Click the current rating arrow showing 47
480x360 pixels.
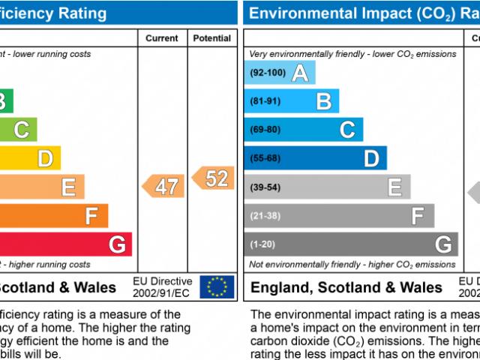163,186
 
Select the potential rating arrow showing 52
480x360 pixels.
213,178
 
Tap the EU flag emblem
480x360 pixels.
217,286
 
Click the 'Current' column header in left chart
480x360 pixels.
162,38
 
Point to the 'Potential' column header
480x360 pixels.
212,38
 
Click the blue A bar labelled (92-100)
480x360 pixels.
280,73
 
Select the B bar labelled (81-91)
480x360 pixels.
292,101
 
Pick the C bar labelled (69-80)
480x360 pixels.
304,129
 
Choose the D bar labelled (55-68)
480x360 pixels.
316,157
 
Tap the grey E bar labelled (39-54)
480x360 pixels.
328,187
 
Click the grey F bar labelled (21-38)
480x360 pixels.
339,215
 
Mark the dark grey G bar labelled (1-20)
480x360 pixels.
351,244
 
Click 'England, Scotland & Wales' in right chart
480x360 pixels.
346,287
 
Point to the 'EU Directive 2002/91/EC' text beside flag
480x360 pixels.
163,286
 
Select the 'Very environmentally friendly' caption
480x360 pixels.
352,54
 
